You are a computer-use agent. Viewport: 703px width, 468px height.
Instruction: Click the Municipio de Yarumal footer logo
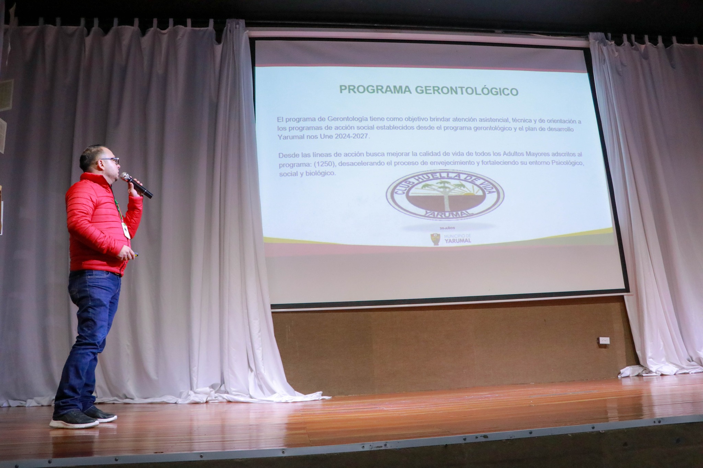tap(451, 239)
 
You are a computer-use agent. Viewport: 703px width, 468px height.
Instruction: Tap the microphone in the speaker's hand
tap(136, 185)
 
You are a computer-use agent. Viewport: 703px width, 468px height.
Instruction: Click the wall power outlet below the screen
tap(603, 341)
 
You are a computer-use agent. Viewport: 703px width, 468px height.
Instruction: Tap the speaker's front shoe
tap(74, 420)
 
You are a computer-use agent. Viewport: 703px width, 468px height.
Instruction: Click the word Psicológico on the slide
tap(567, 163)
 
